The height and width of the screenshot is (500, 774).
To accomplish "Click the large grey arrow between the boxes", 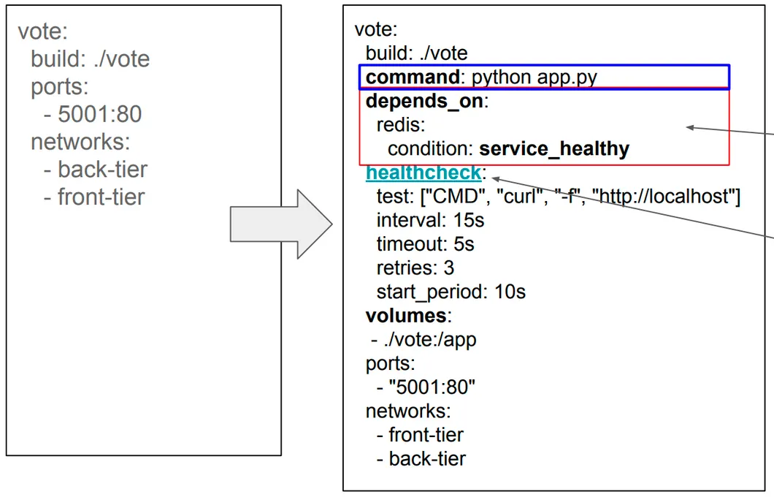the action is (281, 224).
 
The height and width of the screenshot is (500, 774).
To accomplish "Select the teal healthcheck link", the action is (424, 173).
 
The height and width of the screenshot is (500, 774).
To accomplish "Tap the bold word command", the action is (413, 77).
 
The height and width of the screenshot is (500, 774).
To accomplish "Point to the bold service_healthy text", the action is (554, 148).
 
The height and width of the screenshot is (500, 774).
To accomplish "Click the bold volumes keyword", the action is (406, 316).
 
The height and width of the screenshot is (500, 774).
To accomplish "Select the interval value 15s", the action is (469, 220).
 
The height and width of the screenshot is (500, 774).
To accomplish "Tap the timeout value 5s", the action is (464, 244).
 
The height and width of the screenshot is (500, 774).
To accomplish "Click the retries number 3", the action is (449, 268).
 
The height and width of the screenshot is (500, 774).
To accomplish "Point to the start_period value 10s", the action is (510, 292).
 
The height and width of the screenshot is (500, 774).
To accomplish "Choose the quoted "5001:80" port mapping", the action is (432, 387).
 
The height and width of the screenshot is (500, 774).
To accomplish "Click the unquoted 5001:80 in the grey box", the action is (100, 114).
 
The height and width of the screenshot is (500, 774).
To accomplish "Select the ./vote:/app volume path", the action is (430, 340).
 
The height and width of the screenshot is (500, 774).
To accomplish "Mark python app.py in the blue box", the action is (534, 77).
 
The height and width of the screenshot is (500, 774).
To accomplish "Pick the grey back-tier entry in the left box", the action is (102, 170).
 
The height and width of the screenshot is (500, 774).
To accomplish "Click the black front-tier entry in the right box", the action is (426, 435).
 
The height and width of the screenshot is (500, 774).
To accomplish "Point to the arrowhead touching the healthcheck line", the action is (496, 179).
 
